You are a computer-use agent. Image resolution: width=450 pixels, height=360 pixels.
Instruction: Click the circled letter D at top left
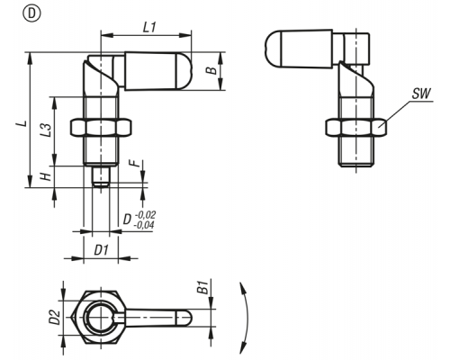pos(31,14)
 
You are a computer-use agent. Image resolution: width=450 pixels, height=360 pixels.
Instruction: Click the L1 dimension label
pos(149,28)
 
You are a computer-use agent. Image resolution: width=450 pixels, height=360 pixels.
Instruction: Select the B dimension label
pos(211,70)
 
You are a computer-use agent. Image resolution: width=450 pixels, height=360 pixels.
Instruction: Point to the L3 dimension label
pos(46,130)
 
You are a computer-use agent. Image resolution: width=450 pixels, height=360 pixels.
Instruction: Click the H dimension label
pos(46,177)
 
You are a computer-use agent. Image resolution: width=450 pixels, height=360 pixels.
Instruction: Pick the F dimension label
pos(137,163)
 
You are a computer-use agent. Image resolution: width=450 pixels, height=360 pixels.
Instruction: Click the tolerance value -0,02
pos(146,215)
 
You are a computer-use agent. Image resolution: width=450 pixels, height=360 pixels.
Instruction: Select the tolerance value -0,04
pos(144,225)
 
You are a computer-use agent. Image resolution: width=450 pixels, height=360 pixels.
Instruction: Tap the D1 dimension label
pos(101,250)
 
